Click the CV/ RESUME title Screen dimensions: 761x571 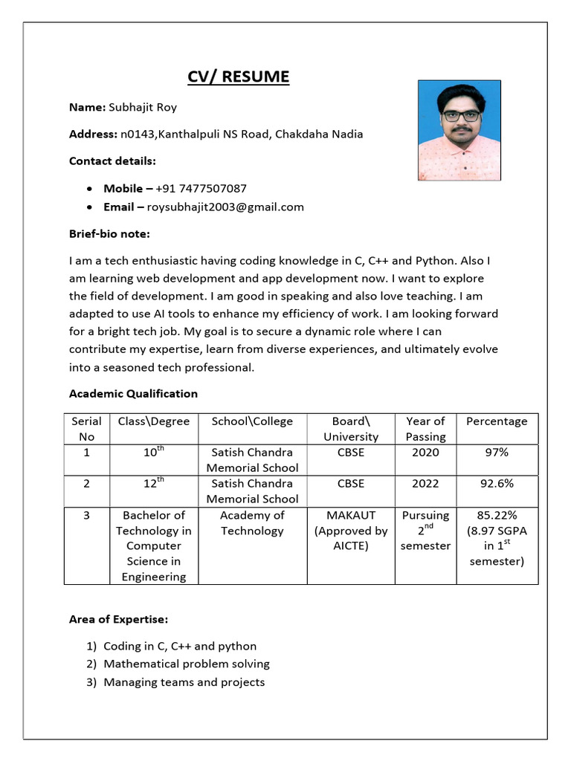click(x=238, y=77)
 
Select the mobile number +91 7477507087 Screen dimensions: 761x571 click(x=201, y=189)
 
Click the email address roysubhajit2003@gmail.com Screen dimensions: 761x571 click(x=225, y=207)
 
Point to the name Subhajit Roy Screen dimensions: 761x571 click(x=143, y=107)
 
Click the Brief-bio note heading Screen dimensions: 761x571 click(x=109, y=234)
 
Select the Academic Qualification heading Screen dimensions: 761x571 click(x=133, y=394)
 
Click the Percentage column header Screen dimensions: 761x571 click(x=497, y=421)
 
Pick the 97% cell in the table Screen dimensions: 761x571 click(x=497, y=453)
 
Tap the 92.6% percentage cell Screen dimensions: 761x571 click(x=497, y=483)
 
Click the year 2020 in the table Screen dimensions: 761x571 click(x=425, y=453)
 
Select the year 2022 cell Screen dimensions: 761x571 click(x=425, y=483)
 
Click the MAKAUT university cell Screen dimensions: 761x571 click(x=351, y=531)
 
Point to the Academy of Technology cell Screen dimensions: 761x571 click(x=252, y=523)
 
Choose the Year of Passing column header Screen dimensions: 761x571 click(x=425, y=429)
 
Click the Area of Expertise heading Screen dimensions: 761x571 click(x=118, y=619)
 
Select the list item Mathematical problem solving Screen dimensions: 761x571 click(x=187, y=664)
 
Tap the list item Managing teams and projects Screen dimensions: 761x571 click(x=184, y=682)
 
